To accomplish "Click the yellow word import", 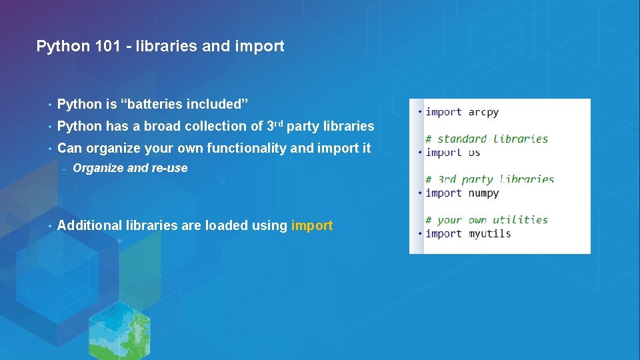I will coord(312,225).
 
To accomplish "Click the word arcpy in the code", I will coord(483,112).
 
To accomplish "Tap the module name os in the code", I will coord(474,153).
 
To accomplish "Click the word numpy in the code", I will coord(483,193).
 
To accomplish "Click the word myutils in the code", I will coord(489,234).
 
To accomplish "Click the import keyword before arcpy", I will coord(443,112).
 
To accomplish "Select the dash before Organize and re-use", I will coord(64,169).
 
